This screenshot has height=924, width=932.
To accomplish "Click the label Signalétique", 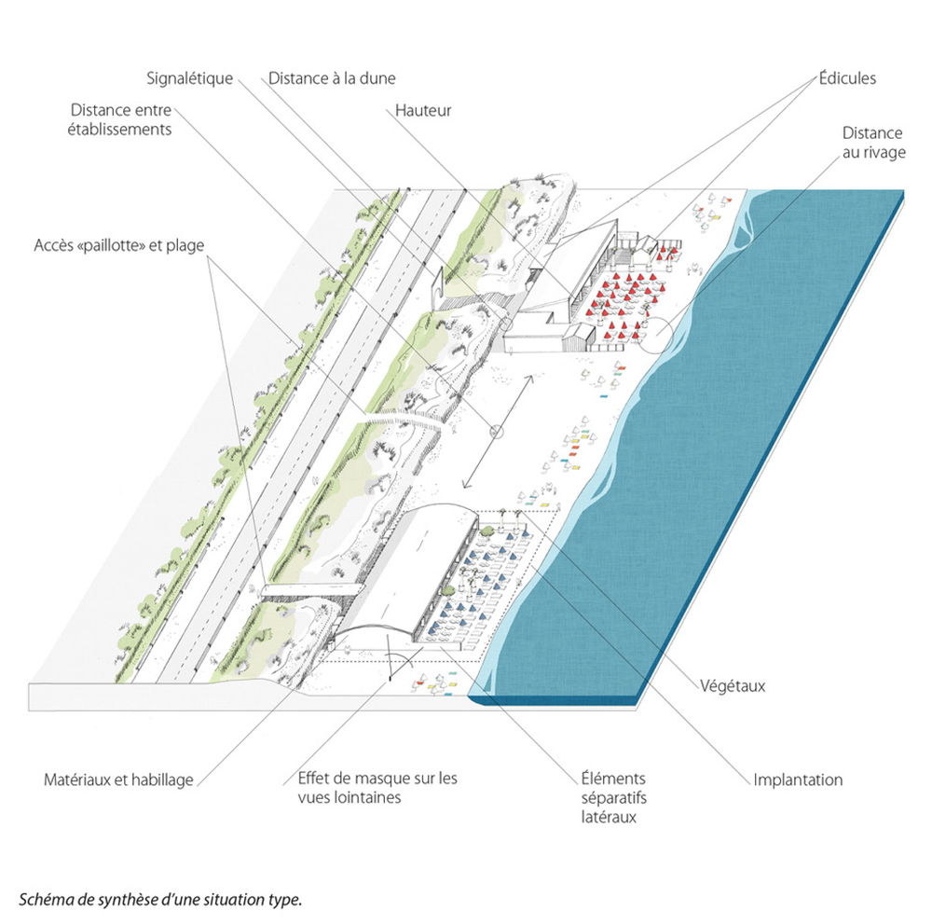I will coord(189,79).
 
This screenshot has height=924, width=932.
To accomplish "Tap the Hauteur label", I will coord(423,111).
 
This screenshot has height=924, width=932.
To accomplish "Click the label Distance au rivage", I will coord(872,143).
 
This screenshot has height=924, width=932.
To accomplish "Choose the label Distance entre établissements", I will coord(120,118).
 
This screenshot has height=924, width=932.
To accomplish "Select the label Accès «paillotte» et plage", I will coord(118,246).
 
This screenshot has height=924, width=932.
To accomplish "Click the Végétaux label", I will coord(733,686).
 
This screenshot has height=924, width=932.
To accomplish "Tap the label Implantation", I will coord(798,779).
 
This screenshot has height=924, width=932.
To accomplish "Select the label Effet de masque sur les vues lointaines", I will coord(377,788).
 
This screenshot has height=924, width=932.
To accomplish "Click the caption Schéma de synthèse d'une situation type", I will coord(161,900).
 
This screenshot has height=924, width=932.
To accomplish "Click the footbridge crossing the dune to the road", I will coord(308,589).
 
